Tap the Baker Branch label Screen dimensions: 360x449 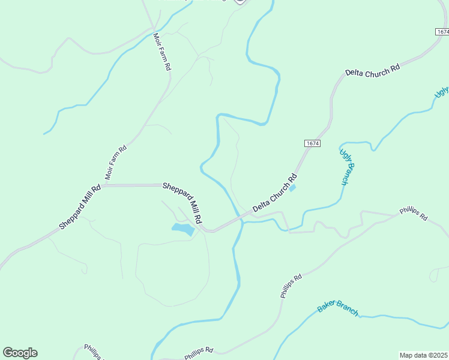pos(337,308)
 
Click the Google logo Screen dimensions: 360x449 pos(20,353)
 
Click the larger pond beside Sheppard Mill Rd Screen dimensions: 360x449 pos(183,229)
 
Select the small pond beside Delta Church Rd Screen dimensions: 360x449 pos(292,188)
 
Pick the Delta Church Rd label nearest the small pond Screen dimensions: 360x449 pos(275,193)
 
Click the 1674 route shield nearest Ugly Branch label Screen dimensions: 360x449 pos(312,143)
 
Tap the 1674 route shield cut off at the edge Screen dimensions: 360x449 pos(442,31)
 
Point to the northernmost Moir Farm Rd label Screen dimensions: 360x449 pos(160,52)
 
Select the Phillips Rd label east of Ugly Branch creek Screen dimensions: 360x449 pos(413,215)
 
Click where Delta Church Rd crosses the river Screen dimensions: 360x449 pos(241,218)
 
